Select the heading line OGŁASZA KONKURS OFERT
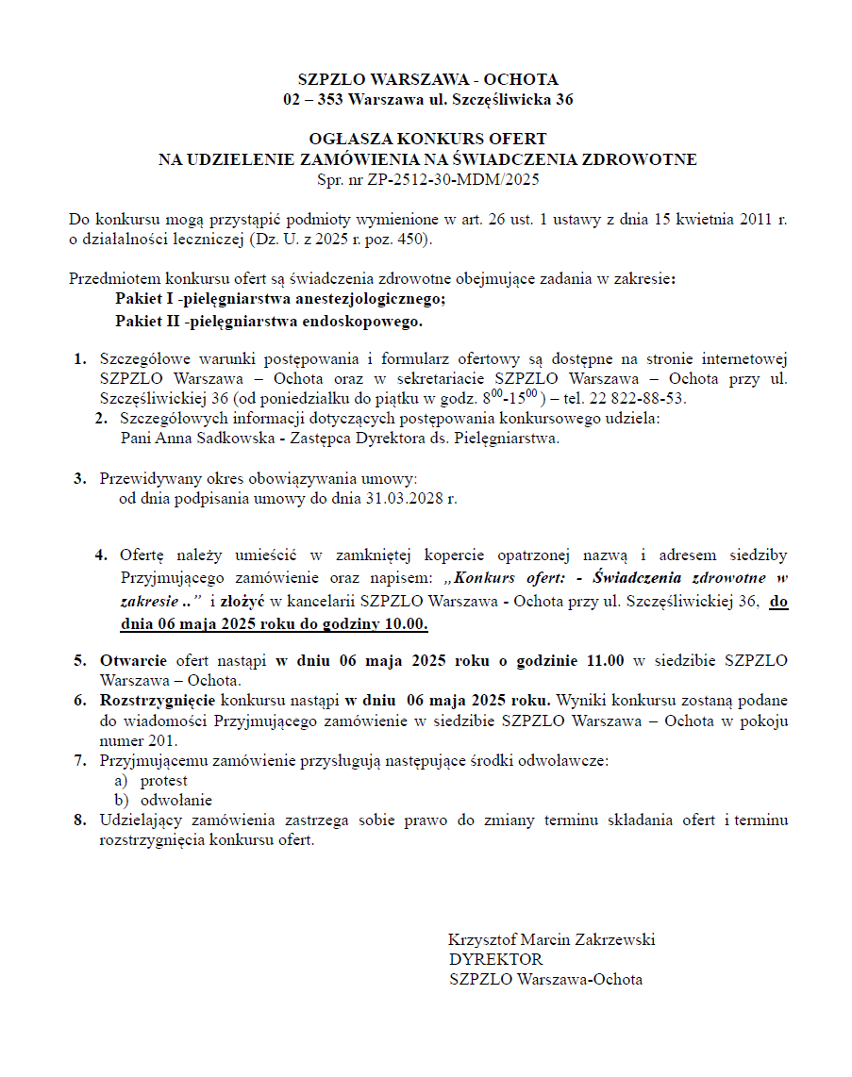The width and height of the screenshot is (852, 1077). pyautogui.click(x=427, y=140)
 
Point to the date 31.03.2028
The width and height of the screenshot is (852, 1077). pyautogui.click(x=401, y=498)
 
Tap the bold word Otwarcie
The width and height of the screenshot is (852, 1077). pyautogui.click(x=134, y=660)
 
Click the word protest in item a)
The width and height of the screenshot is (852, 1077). pyautogui.click(x=164, y=780)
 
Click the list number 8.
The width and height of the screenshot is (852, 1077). pyautogui.click(x=80, y=820)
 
